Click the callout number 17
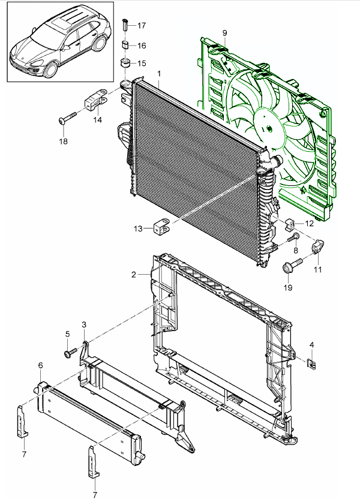pyautogui.click(x=142, y=26)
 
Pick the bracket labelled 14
pyautogui.click(x=95, y=99)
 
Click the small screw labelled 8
pyautogui.click(x=294, y=238)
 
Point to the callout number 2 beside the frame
pyautogui.click(x=134, y=275)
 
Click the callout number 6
pyautogui.click(x=40, y=365)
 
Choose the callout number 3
pyautogui.click(x=84, y=324)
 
